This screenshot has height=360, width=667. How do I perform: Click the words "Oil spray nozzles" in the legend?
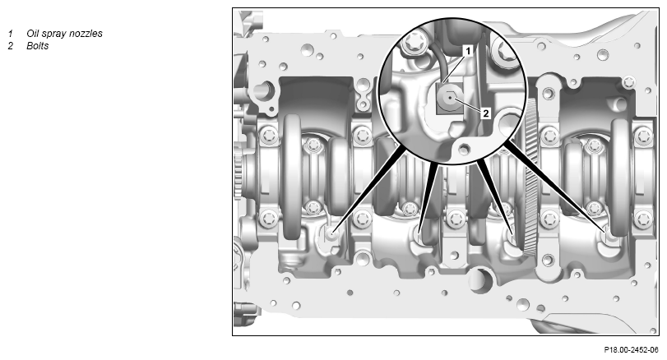click(x=64, y=34)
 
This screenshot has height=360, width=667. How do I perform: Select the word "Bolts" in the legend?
click(x=38, y=46)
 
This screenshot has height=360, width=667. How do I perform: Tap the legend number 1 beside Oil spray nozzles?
click(x=10, y=34)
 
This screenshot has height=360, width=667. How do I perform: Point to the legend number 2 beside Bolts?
click(x=10, y=46)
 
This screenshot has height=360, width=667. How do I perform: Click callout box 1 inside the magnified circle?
click(x=468, y=52)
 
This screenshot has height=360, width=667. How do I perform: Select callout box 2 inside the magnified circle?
click(x=486, y=113)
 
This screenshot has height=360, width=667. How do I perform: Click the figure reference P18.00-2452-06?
click(x=631, y=349)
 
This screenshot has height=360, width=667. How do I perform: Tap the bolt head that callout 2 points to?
click(x=450, y=98)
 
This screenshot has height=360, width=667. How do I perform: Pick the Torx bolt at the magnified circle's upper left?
click(x=413, y=43)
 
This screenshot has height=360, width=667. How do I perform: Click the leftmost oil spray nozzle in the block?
click(x=331, y=233)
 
